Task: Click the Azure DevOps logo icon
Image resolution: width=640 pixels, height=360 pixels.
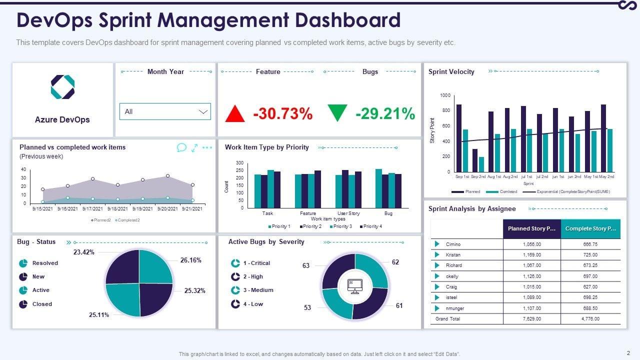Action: tap(62, 87)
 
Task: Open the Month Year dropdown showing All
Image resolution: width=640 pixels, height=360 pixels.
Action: tap(165, 111)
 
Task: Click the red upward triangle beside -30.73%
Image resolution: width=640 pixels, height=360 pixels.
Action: tap(235, 113)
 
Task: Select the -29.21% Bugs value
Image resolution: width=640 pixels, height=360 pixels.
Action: tap(385, 113)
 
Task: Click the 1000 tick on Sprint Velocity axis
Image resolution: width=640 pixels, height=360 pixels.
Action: tap(445, 95)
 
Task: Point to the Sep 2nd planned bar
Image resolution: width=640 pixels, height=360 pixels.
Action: tap(475, 160)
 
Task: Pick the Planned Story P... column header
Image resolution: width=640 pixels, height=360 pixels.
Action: tap(531, 228)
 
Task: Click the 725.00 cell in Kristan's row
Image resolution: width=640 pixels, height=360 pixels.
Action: tap(590, 255)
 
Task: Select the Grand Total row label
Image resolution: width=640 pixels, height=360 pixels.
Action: tap(447, 319)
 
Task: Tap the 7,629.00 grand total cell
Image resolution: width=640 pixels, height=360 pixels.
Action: tap(531, 319)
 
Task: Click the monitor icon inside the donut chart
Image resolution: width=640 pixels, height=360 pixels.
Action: tap(355, 286)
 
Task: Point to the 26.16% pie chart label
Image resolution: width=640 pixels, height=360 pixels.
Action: tap(191, 260)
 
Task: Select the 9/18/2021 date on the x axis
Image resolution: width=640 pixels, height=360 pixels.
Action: tap(117, 208)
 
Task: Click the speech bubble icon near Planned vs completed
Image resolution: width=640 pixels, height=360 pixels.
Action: tap(181, 147)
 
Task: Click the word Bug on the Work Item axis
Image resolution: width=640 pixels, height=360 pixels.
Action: tap(388, 213)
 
